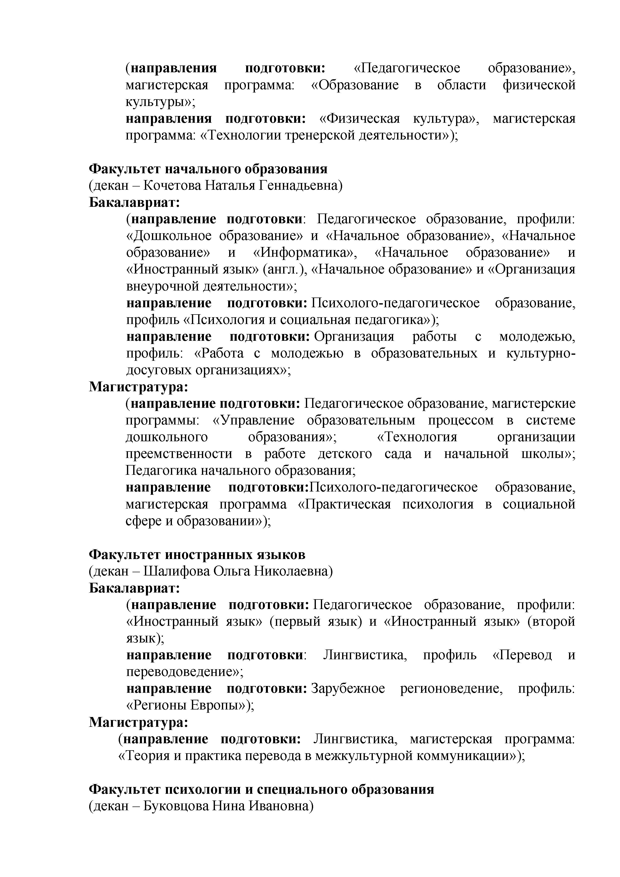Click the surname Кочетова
click(167, 186)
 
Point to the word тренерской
click(320, 135)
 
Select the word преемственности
click(179, 454)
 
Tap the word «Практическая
click(344, 504)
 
